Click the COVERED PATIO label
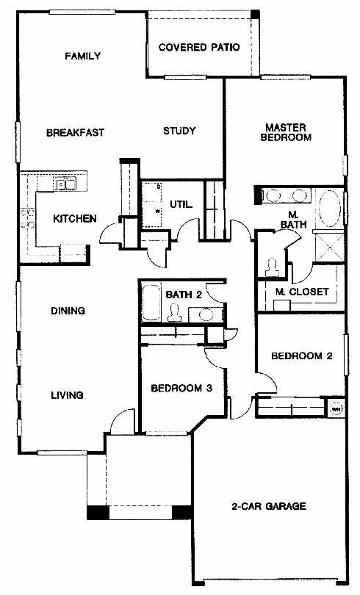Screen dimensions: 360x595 [x=199, y=47]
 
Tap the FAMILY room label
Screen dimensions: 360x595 [x=83, y=56]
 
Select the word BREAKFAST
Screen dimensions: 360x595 [x=75, y=132]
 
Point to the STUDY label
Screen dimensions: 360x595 [x=179, y=131]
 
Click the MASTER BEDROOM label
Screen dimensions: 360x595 [x=286, y=132]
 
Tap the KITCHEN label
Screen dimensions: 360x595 [x=75, y=219]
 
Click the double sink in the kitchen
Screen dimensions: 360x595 [x=65, y=184]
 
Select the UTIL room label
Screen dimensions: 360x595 [x=181, y=204]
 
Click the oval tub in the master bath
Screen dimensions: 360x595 [x=330, y=209]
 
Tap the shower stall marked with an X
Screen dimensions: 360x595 [x=330, y=248]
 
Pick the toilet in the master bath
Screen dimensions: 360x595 [x=271, y=267]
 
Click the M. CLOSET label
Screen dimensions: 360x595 [x=302, y=292]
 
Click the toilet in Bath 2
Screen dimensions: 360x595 [x=175, y=313]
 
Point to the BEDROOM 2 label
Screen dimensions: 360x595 [x=302, y=356]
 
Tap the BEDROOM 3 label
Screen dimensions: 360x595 [x=181, y=388]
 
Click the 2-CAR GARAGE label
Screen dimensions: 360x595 [x=269, y=506]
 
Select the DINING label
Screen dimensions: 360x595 [x=68, y=311]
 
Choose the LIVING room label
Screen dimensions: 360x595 [x=67, y=395]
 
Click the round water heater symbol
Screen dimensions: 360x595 [x=336, y=409]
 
